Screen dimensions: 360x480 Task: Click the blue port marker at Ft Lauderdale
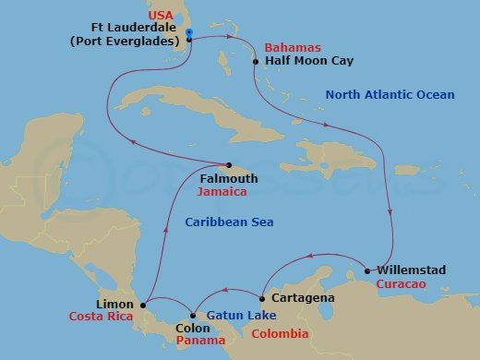[x=189, y=32]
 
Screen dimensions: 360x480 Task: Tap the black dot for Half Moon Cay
[x=256, y=62]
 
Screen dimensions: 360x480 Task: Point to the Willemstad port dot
[x=367, y=270]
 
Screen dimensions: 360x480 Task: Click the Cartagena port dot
[x=262, y=298]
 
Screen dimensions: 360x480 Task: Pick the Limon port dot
[x=144, y=302]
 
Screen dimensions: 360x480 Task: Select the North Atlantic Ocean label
[x=390, y=94]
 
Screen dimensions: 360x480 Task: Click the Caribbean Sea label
[x=229, y=222]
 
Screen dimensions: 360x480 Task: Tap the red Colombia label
[x=281, y=334]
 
